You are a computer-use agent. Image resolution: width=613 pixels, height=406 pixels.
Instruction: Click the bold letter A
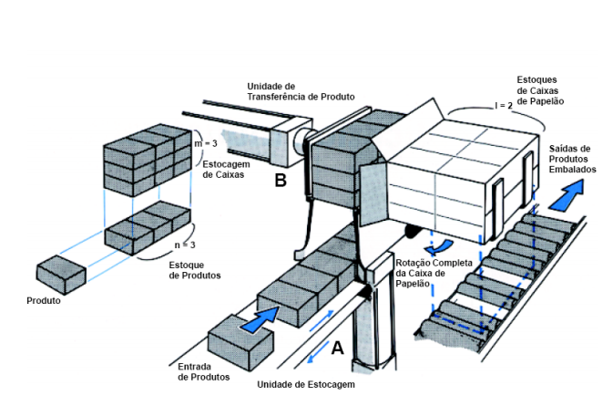pyautogui.click(x=336, y=348)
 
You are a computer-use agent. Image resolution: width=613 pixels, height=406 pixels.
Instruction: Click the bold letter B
pyautogui.click(x=281, y=180)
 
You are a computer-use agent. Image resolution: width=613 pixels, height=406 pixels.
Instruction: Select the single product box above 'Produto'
pyautogui.click(x=60, y=271)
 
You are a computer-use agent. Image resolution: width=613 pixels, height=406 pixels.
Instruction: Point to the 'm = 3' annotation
pyautogui.click(x=208, y=143)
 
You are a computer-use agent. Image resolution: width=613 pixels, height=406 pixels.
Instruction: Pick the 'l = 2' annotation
pyautogui.click(x=505, y=107)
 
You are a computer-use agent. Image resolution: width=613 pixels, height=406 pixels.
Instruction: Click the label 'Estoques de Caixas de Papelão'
pyautogui.click(x=542, y=90)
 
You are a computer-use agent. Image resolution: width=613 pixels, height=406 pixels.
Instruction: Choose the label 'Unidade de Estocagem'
pyautogui.click(x=306, y=384)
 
